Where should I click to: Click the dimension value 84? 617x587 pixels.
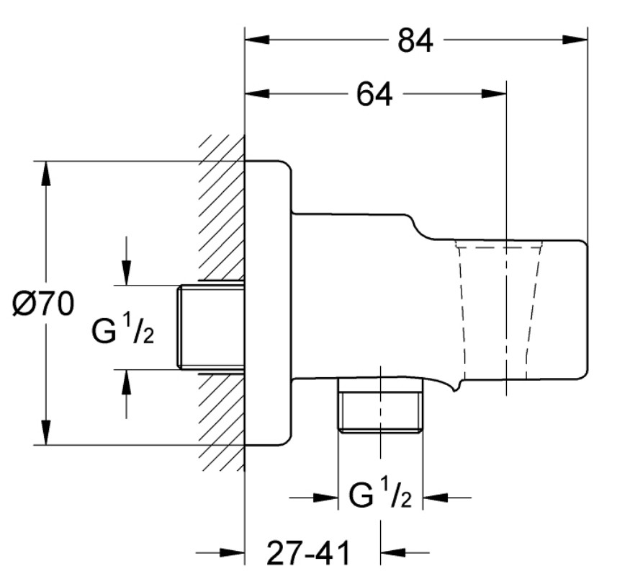415,40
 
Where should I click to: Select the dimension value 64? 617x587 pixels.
374,94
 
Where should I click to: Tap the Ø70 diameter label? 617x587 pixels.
43,304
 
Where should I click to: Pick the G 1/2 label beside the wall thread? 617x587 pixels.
122,328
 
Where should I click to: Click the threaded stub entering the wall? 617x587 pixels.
211,327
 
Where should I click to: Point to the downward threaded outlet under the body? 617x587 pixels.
380,406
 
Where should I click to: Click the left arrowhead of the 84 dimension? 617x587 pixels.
257,40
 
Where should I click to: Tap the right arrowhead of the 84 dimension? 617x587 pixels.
575,40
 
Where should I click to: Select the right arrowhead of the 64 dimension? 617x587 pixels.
494,94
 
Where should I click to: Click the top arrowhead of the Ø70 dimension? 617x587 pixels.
46,174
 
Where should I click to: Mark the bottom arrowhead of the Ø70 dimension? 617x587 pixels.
46,433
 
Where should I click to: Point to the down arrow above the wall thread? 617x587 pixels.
126,273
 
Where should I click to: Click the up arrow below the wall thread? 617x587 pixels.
126,382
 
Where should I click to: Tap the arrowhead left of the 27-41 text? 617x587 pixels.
233,553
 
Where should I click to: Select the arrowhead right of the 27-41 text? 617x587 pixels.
392,552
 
